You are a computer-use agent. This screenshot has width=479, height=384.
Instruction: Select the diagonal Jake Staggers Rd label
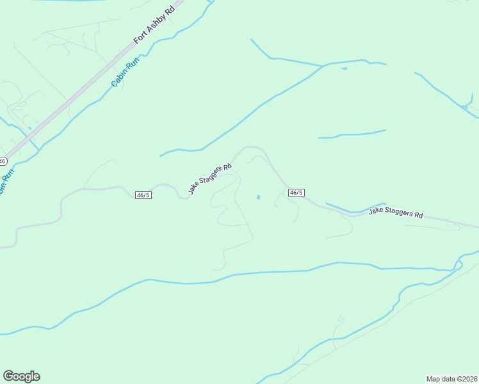[x=209, y=179]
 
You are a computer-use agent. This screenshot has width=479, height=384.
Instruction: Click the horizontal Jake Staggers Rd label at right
[x=396, y=213]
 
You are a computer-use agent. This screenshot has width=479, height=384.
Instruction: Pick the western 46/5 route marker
[x=143, y=195]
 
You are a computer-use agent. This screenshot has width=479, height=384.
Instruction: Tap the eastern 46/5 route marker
[x=296, y=193]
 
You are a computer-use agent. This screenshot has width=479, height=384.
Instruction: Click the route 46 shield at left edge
[x=3, y=161]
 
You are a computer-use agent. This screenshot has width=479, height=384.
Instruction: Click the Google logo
[x=21, y=376]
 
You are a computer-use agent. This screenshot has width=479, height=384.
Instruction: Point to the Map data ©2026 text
[x=451, y=378]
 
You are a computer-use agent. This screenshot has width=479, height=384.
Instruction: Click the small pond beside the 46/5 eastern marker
[x=258, y=197]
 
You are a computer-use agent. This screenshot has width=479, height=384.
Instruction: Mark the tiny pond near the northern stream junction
[x=345, y=68]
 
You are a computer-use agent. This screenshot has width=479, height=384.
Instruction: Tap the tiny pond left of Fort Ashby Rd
[x=29, y=127]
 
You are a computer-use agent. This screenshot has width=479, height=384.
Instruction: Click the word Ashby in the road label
[x=157, y=22]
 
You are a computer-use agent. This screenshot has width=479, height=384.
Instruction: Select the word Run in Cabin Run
[x=133, y=63]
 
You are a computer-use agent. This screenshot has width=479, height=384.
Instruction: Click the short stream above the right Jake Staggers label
[x=352, y=134]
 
